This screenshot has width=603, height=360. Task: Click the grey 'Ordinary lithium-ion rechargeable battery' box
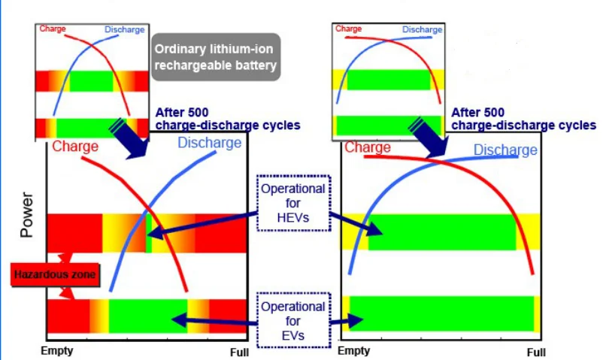[x=217, y=57]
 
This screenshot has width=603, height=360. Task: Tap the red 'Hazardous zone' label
[x=55, y=275]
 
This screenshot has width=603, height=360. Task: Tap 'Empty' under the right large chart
[x=354, y=351]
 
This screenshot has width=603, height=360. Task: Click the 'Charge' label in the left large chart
[x=75, y=147]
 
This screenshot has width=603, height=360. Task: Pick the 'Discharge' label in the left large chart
[x=210, y=143]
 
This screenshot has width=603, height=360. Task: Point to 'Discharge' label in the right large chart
[x=505, y=150]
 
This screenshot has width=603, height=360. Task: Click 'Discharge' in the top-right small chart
[x=422, y=29]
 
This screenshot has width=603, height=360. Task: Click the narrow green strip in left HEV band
[x=149, y=234]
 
